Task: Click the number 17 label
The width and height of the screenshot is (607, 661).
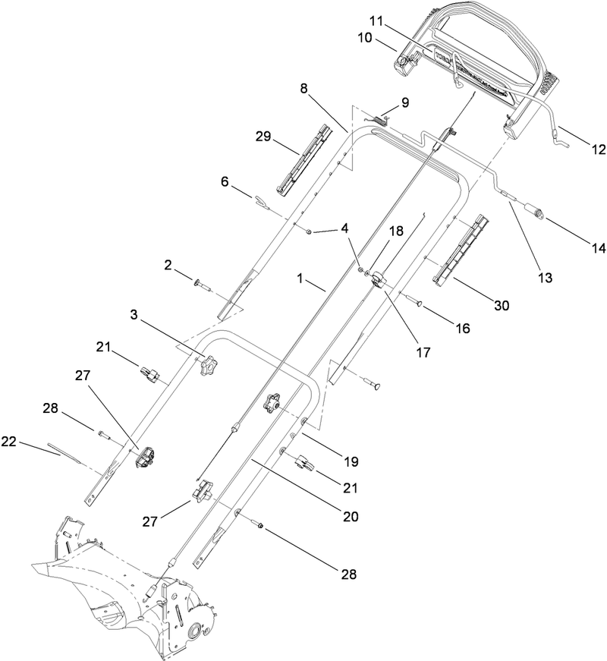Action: pyautogui.click(x=423, y=352)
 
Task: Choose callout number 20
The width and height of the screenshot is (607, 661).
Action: pyautogui.click(x=350, y=516)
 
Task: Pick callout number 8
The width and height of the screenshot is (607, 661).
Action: pyautogui.click(x=303, y=88)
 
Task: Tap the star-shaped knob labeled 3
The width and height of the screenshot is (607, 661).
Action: pyautogui.click(x=207, y=368)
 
